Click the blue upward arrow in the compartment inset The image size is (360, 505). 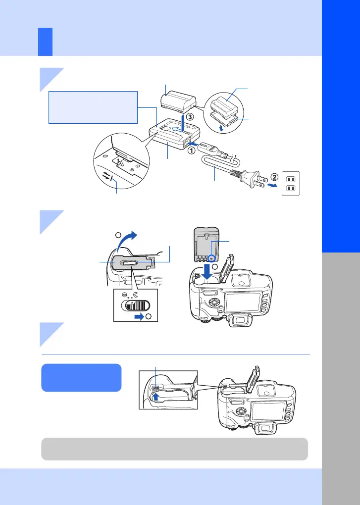point(156,395)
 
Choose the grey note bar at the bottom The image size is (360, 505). point(174,449)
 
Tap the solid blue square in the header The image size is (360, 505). point(46,42)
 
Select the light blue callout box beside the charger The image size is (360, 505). point(93,107)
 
